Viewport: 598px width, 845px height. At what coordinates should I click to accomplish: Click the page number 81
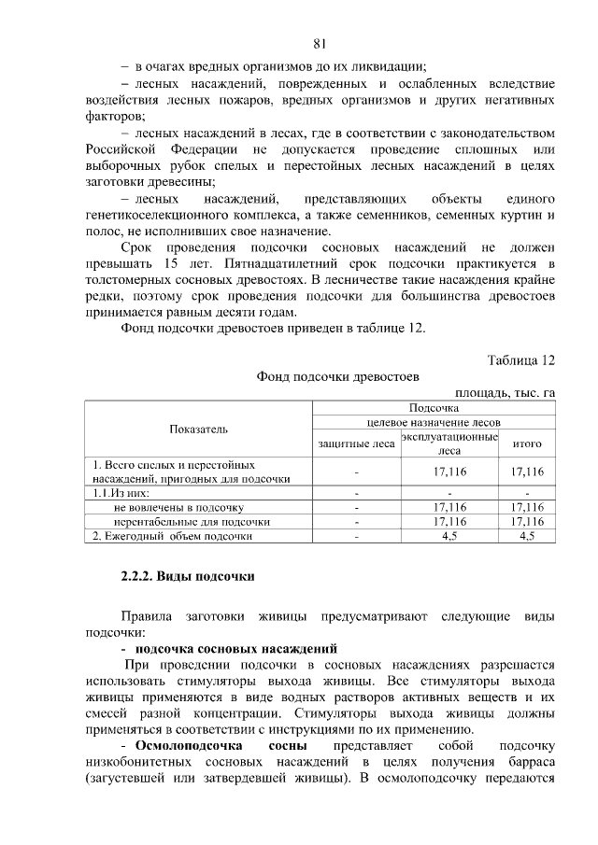coord(320,43)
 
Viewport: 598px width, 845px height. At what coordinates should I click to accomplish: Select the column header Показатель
coord(198,429)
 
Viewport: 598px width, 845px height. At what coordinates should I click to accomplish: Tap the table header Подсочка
coord(433,408)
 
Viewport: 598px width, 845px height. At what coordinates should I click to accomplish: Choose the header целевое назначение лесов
coord(433,422)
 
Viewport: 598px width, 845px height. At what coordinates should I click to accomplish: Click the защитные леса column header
coord(356,444)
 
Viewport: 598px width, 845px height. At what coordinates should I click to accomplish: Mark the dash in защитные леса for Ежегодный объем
coord(356,536)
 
